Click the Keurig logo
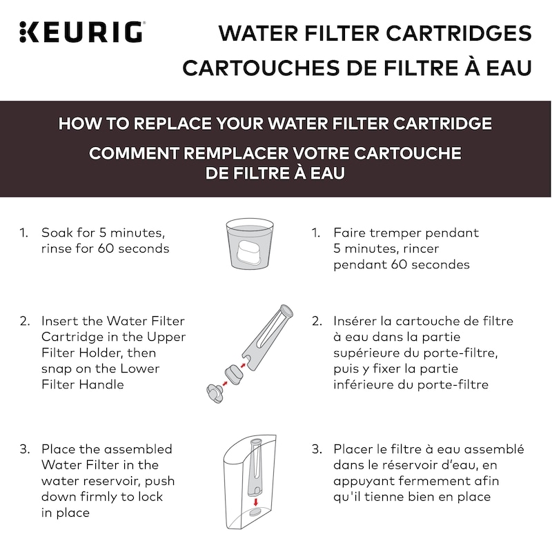coord(81,32)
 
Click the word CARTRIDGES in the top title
coord(459,33)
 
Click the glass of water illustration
coord(250,244)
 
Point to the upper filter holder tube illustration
coord(268,337)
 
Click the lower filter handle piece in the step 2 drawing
coord(215,393)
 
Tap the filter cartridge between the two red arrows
coord(234,375)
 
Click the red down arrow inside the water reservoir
coord(256,502)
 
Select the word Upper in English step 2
coord(166,337)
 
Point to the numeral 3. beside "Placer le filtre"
coord(317,449)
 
